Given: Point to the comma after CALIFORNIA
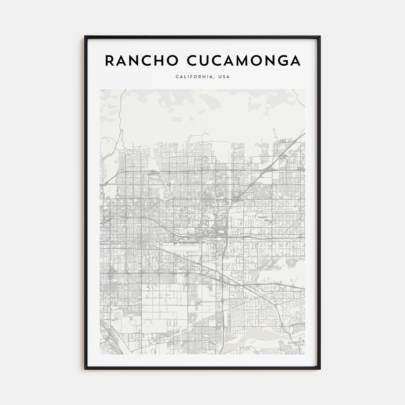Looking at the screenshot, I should [215, 78].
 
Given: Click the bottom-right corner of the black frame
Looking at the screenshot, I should [320, 369].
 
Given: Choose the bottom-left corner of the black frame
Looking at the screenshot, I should [85, 369].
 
